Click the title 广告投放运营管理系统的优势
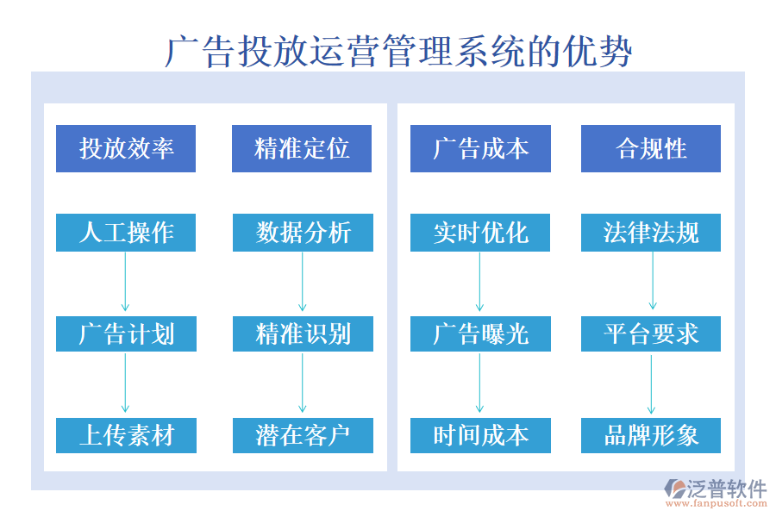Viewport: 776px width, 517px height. (x=398, y=52)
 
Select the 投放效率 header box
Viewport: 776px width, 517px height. (x=126, y=148)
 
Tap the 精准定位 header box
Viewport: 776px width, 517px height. (x=302, y=148)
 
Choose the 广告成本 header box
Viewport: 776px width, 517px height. (x=480, y=148)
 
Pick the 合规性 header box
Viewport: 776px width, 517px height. (x=651, y=148)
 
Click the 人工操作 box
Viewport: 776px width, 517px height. (x=126, y=233)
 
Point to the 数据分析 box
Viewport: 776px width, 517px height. (x=303, y=233)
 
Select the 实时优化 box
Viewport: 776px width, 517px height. (x=480, y=233)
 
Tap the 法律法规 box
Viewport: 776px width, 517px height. (x=651, y=233)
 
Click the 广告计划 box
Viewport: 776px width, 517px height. (x=126, y=333)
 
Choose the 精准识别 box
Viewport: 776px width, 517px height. (x=303, y=333)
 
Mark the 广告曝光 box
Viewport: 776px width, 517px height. (x=480, y=333)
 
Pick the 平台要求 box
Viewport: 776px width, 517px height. (x=651, y=333)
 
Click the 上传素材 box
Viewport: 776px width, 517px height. (x=126, y=435)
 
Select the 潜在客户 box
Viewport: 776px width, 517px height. (x=303, y=435)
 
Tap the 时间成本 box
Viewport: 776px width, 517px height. (x=480, y=435)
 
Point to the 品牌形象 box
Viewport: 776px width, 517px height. (x=651, y=435)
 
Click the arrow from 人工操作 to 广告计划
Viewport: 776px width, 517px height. (x=125, y=282)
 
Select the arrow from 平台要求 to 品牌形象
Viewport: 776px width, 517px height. (x=651, y=384)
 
